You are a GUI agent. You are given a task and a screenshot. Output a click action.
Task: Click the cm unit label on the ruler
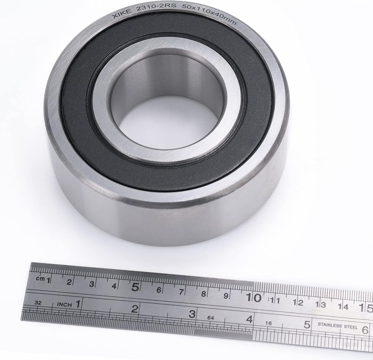[x=40, y=278]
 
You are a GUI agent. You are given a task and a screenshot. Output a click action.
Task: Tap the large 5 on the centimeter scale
[x=135, y=287]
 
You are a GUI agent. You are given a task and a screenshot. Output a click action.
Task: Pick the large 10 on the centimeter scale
[x=254, y=297]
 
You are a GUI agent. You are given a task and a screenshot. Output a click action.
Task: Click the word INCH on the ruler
[x=64, y=305]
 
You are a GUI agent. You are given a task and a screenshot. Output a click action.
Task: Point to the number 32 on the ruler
[x=38, y=303]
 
